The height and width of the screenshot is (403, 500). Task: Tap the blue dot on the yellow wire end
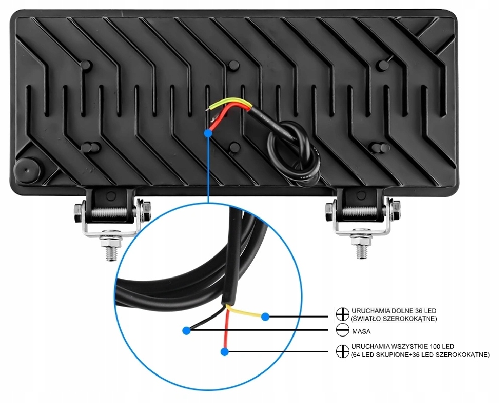click(266, 317)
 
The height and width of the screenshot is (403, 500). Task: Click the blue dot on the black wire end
click(186, 330)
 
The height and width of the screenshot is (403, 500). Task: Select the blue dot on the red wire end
click(224, 351)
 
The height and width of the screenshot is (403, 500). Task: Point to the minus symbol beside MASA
click(342, 331)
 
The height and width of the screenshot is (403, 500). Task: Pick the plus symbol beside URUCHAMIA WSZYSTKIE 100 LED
click(342, 350)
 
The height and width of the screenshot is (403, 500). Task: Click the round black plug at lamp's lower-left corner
click(27, 171)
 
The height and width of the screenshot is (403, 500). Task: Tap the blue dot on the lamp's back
click(208, 133)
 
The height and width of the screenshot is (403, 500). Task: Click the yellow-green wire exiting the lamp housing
click(229, 103)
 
